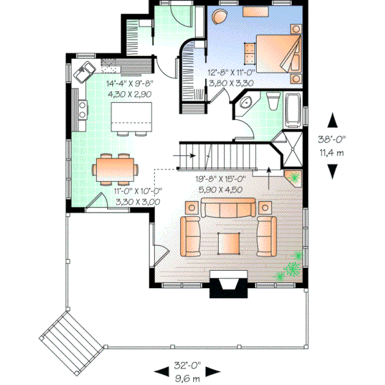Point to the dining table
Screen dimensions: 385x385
(x=115, y=169)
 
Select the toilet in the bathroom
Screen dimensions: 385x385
(x=271, y=101)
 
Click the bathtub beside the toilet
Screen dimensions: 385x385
(x=293, y=108)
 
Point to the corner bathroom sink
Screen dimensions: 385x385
(x=244, y=105)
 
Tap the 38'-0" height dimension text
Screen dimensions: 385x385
(x=332, y=144)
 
